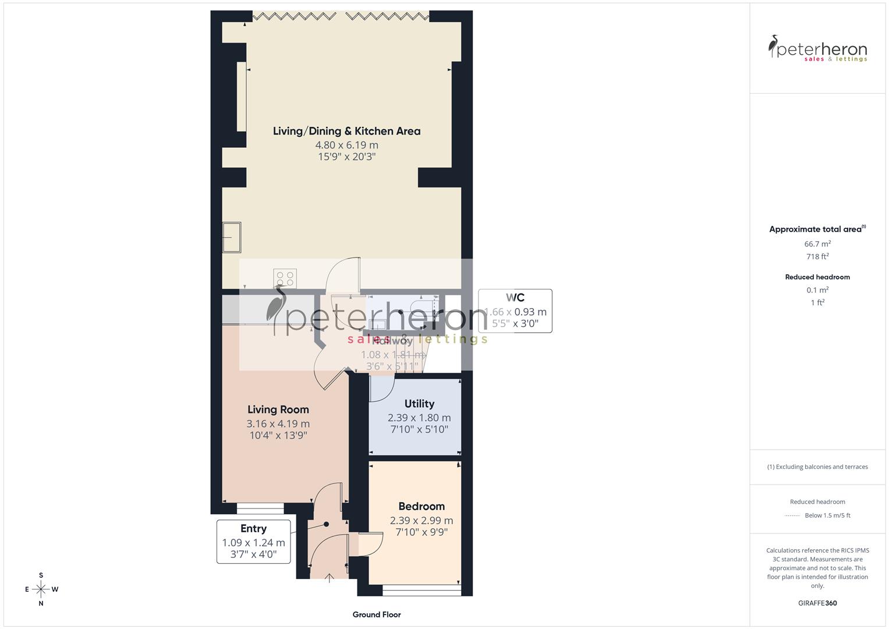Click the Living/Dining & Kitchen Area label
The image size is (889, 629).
point(346,131)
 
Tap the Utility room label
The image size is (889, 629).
point(419,404)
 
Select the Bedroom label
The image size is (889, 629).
point(421,507)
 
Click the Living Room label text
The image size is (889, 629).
point(278,409)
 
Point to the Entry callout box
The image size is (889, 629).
point(254,542)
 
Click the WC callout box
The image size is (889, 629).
point(515,311)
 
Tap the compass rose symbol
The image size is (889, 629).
point(41,589)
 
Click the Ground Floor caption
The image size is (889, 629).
point(377,614)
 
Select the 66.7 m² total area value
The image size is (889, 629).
point(817,244)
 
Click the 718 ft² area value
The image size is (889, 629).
point(817,257)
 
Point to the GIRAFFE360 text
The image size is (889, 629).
point(817,603)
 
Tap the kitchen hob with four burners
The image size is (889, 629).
point(285,278)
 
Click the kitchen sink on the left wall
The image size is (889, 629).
point(232,238)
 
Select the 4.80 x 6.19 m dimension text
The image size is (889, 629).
point(346,145)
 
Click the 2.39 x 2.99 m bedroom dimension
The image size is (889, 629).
point(421,521)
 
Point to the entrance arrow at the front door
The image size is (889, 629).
point(330,578)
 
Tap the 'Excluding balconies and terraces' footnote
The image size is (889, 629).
point(817,467)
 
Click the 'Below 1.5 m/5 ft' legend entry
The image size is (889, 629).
point(827,515)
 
